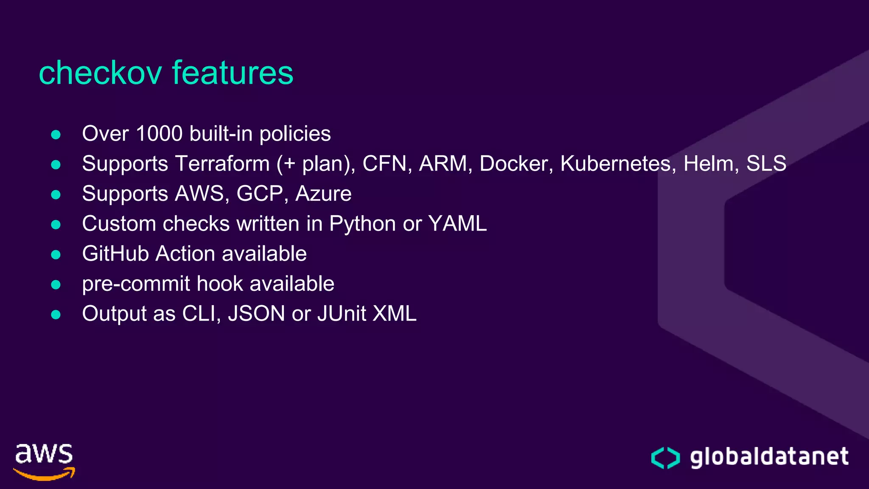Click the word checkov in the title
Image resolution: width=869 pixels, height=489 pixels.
[100, 73]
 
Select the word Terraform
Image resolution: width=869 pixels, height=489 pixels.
[222, 164]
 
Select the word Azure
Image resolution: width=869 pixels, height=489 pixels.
[323, 194]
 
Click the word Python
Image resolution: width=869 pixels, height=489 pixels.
[362, 224]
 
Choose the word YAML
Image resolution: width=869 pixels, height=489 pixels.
[457, 224]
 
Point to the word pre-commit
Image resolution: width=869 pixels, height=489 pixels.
[136, 284]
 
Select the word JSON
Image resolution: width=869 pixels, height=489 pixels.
[256, 314]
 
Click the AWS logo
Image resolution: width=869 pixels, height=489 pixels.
[44, 462]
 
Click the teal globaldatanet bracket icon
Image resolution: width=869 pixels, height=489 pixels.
[665, 458]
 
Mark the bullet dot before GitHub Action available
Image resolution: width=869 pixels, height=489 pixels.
[56, 255]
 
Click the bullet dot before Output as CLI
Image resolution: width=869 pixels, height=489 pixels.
[56, 315]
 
